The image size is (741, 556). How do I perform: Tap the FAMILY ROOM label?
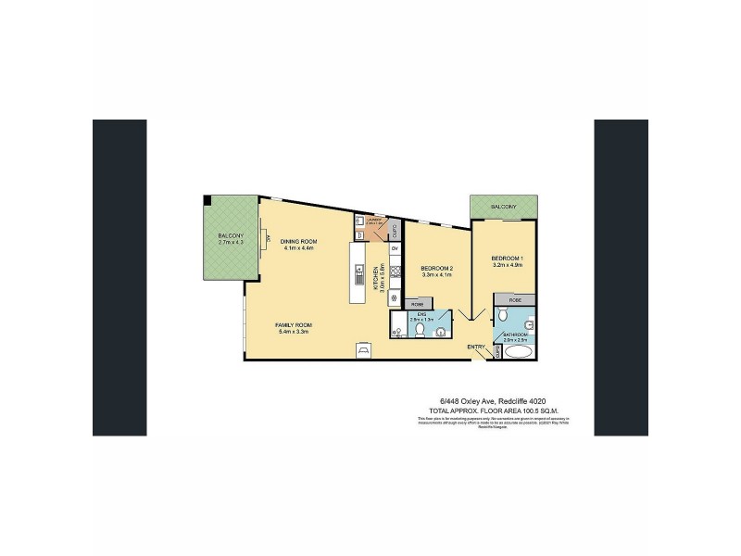(293, 325)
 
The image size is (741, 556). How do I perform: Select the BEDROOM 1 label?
(507, 257)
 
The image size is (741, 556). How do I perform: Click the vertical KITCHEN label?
(374, 278)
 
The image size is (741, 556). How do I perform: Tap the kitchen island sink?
(360, 273)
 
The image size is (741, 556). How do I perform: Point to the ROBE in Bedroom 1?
(515, 300)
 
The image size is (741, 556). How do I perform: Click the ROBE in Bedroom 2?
(418, 304)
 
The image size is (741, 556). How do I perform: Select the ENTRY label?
(476, 347)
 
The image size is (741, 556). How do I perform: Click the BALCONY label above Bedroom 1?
(504, 206)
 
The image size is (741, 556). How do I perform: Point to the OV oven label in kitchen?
(395, 249)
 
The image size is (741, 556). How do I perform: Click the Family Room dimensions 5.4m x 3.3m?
(293, 333)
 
